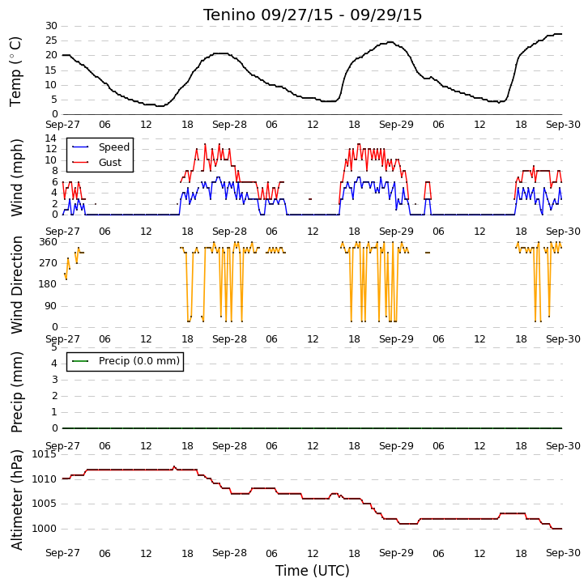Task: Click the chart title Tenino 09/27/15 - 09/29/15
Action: click(313, 15)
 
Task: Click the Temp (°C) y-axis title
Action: click(15, 71)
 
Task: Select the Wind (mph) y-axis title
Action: click(17, 177)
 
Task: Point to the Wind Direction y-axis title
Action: click(16, 285)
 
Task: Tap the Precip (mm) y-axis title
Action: click(17, 392)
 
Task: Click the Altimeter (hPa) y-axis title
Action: click(17, 500)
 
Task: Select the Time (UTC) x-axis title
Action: click(313, 571)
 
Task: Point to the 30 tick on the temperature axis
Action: click(51, 26)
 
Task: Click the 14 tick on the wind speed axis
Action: click(51, 138)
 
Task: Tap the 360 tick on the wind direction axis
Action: click(49, 242)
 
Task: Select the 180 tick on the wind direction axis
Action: click(49, 284)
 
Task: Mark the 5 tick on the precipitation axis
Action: click(55, 347)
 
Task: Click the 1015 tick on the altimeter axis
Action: click(45, 454)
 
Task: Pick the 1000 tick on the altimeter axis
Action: click(45, 529)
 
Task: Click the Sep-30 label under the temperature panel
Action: click(563, 125)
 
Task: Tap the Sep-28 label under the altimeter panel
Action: click(229, 553)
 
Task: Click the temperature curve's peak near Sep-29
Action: click(390, 42)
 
